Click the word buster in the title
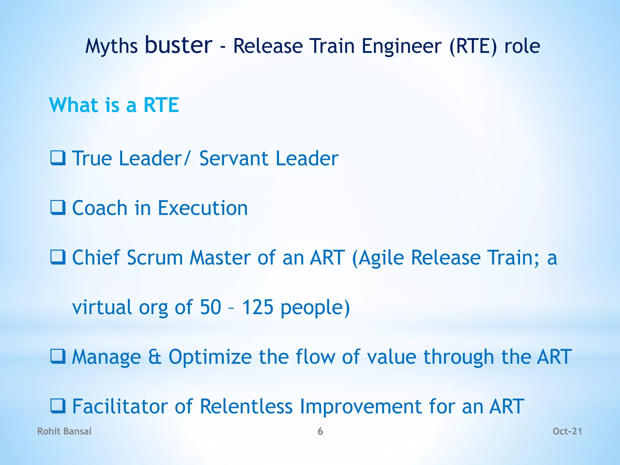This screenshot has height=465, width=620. pos(179,45)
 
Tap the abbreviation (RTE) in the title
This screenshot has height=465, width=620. pos(473,46)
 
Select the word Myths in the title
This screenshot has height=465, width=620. pos(111,47)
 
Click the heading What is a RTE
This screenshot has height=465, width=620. pos(114,105)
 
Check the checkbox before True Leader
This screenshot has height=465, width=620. pos(58,158)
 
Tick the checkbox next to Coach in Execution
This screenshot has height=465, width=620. pos(58,208)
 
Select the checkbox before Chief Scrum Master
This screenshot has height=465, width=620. pos(58,257)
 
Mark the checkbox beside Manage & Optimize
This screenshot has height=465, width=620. pos(58,356)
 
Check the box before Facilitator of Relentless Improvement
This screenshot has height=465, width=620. pos(58,406)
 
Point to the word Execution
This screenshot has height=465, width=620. pos(203,208)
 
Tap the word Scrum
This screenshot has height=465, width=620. pos(155,258)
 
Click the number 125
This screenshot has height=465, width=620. pos(258,307)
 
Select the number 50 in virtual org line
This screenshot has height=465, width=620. pos(210,307)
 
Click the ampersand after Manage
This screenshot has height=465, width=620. pos(155,357)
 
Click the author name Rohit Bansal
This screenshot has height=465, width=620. pos(64,431)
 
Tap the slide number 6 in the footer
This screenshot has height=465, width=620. pos(320,431)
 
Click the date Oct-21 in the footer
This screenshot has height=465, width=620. pos(567,431)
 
